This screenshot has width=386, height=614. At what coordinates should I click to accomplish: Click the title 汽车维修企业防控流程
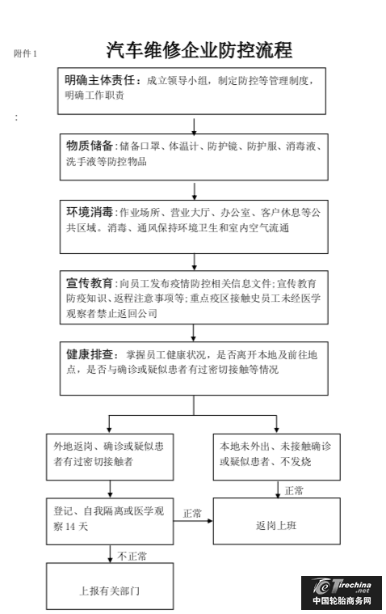click(199, 50)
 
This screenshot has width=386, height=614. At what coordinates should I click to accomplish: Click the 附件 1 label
click(25, 53)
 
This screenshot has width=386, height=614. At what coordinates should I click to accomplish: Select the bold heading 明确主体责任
click(100, 80)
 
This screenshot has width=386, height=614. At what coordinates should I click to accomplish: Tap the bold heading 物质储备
click(89, 146)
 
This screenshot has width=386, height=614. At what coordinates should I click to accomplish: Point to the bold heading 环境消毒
click(89, 212)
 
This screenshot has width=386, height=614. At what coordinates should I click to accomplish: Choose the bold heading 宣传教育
click(89, 282)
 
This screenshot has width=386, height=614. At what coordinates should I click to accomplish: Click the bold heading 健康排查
click(89, 354)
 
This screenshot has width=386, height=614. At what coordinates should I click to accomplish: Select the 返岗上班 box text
click(276, 525)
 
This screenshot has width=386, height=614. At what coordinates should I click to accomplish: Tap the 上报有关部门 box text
click(110, 591)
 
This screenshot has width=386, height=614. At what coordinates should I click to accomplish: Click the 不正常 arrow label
click(132, 556)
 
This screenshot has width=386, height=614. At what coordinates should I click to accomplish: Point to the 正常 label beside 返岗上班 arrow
click(192, 513)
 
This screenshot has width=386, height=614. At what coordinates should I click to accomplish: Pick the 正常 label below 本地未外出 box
click(294, 490)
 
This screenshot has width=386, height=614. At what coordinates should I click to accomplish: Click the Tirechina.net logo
click(342, 586)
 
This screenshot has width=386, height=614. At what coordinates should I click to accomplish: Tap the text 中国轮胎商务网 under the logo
click(342, 601)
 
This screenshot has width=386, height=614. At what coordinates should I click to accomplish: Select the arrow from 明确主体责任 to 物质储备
click(194, 124)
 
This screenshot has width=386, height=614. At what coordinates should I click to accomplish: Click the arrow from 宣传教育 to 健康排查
click(193, 332)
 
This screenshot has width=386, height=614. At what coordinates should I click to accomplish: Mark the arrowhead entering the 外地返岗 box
click(109, 430)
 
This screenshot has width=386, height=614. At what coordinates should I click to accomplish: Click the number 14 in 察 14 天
click(70, 527)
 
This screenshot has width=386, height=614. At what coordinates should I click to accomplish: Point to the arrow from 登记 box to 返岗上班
click(193, 521)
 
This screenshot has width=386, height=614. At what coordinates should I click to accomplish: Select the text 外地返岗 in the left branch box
click(73, 446)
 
